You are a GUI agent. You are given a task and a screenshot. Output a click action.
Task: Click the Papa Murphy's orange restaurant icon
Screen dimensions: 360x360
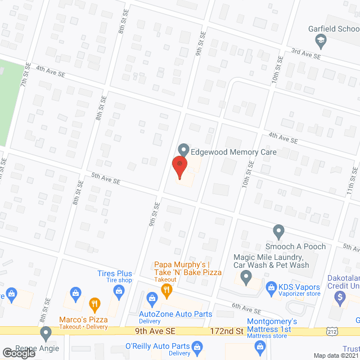[166, 290]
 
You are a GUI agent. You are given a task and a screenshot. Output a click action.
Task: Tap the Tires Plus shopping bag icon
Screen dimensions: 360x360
[119, 290]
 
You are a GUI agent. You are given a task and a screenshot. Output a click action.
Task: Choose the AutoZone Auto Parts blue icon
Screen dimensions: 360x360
[151, 298]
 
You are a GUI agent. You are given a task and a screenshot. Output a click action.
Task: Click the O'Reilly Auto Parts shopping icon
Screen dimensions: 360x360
[196, 346]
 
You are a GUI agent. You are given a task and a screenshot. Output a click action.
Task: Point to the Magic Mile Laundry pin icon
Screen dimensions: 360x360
[246, 276]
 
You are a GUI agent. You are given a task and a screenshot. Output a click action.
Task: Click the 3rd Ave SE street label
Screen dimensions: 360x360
[305, 53]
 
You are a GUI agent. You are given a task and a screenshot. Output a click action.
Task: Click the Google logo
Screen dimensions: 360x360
[18, 353]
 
